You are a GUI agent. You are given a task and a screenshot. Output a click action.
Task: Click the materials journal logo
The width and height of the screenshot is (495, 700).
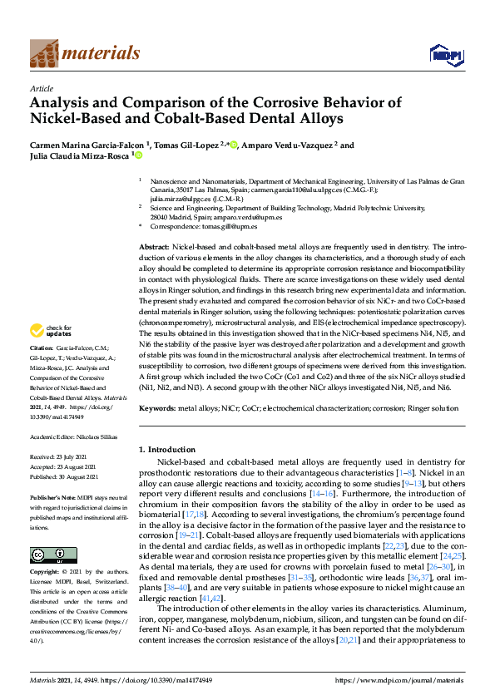coord(85,53)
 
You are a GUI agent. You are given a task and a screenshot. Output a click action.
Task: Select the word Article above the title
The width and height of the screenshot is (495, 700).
coord(42,88)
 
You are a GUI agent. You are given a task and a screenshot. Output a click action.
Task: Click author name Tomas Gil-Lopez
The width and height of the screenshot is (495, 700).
coord(193,145)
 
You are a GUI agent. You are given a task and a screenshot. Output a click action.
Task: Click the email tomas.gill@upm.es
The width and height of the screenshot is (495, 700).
coord(230,226)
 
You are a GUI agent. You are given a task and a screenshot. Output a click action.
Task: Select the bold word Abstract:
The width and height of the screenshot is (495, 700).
coord(154,248)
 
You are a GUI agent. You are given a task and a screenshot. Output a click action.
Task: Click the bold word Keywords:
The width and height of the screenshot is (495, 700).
coord(156,408)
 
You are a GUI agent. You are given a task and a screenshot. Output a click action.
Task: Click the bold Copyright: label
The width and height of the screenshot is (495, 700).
coord(44,573)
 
